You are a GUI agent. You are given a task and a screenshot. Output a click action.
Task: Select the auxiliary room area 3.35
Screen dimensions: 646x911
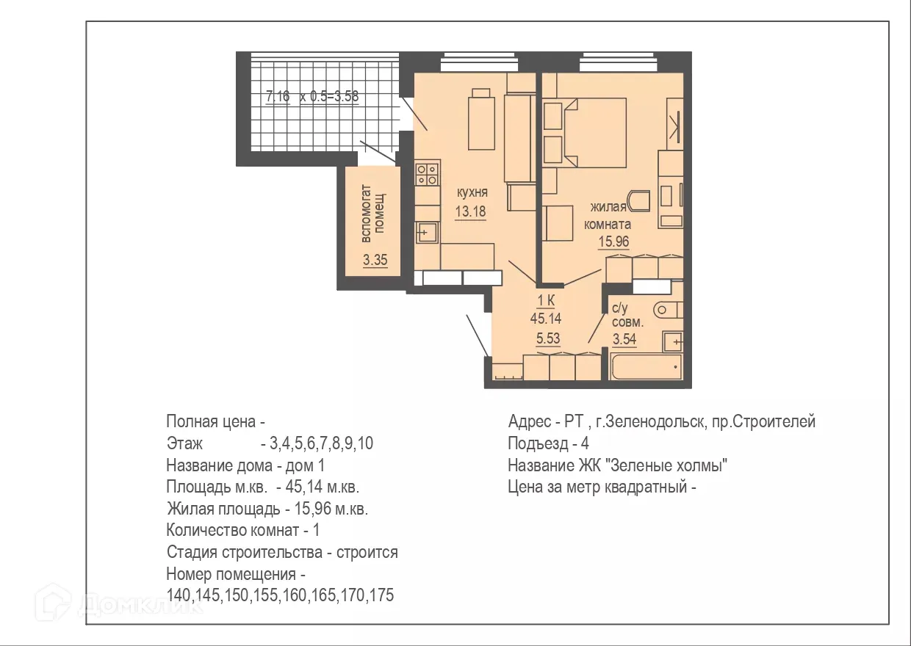[375, 259]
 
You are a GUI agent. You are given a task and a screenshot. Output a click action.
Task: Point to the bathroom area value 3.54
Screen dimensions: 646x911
[624, 338]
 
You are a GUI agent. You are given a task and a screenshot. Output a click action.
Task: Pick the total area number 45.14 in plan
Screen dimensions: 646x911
[546, 318]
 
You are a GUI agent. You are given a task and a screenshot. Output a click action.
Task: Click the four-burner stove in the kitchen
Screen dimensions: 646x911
[427, 174]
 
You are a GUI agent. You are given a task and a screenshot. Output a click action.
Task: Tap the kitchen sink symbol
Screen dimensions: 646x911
[427, 233]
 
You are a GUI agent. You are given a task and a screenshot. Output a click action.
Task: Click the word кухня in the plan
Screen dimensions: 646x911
[472, 193]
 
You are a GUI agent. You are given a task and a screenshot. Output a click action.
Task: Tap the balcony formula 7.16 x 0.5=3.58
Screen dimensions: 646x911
[312, 95]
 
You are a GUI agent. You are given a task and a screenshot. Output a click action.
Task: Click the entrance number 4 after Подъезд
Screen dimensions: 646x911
[585, 444]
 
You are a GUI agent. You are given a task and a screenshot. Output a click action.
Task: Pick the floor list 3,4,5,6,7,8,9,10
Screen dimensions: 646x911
[322, 444]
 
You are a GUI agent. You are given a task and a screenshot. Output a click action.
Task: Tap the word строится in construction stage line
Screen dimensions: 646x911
[367, 552]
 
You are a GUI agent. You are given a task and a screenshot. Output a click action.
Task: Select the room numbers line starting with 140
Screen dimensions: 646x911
[280, 595]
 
